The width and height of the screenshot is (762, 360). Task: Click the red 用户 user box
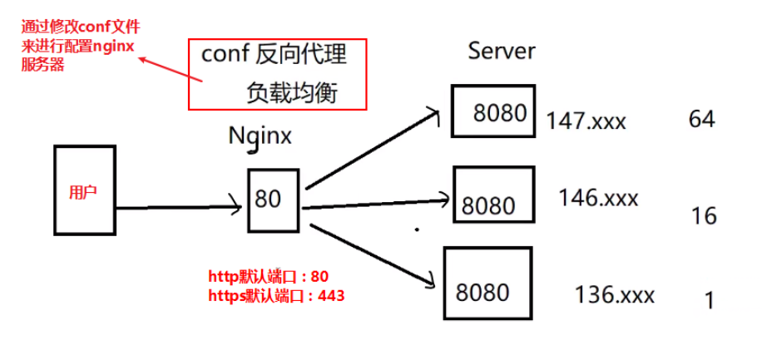(x=82, y=190)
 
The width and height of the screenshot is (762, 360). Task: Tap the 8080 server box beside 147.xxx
(x=493, y=111)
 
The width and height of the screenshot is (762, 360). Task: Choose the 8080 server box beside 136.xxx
(x=487, y=284)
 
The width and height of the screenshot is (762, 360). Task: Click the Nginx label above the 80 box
(x=260, y=136)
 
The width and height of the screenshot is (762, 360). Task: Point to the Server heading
(x=502, y=51)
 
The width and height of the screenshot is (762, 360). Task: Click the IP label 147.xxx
(x=586, y=122)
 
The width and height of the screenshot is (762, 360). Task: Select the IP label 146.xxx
(x=599, y=198)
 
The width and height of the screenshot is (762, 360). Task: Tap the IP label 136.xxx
(x=614, y=295)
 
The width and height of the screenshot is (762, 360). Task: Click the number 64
(x=701, y=119)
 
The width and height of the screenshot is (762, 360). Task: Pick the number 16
(x=703, y=216)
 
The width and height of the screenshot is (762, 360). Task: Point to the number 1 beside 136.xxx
(x=709, y=299)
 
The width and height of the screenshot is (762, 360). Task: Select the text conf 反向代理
(x=274, y=57)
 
